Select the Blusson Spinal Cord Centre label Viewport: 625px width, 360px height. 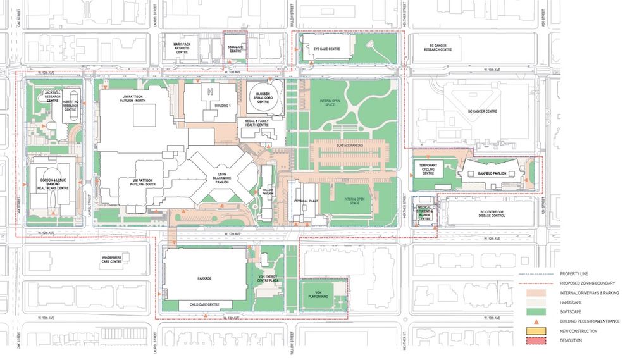(259, 98)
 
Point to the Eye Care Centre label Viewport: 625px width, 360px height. (326, 49)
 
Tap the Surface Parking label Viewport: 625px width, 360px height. (349, 145)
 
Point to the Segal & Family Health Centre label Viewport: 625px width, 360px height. (257, 122)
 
